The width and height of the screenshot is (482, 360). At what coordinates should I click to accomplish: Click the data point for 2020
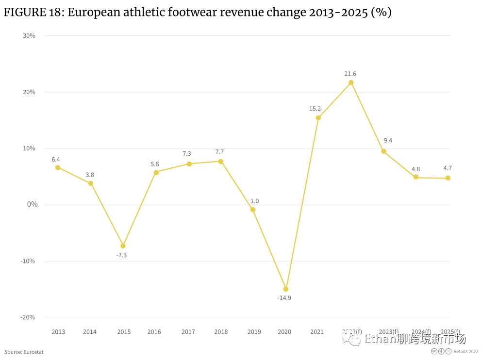click(x=285, y=289)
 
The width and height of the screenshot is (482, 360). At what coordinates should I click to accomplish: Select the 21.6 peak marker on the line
click(x=351, y=82)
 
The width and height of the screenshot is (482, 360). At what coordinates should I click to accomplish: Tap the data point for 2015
click(x=123, y=246)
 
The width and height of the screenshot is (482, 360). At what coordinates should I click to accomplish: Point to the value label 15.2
click(x=315, y=109)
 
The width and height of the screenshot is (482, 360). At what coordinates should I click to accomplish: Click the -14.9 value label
click(x=284, y=298)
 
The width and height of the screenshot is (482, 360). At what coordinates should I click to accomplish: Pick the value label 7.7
click(x=219, y=152)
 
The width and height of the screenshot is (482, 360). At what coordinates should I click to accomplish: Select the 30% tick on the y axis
click(x=29, y=36)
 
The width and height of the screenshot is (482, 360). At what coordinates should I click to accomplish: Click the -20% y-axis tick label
click(x=28, y=317)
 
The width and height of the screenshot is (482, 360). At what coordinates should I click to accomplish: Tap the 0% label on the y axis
click(x=32, y=205)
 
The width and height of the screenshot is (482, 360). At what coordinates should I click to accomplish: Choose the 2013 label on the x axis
click(x=58, y=332)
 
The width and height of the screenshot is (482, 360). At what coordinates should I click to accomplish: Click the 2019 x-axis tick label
click(x=254, y=332)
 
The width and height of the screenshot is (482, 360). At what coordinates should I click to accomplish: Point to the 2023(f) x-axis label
click(x=388, y=332)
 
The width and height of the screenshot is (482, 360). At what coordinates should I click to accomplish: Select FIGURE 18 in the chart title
click(x=32, y=13)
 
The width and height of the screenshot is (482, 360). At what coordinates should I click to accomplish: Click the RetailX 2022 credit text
click(x=466, y=352)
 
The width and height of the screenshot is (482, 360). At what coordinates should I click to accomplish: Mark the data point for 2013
click(x=58, y=167)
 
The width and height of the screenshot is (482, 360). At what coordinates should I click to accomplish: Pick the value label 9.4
click(x=387, y=141)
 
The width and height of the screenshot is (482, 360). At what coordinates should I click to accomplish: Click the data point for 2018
click(x=220, y=161)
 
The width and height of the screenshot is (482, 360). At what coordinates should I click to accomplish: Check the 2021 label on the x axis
click(x=316, y=332)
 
